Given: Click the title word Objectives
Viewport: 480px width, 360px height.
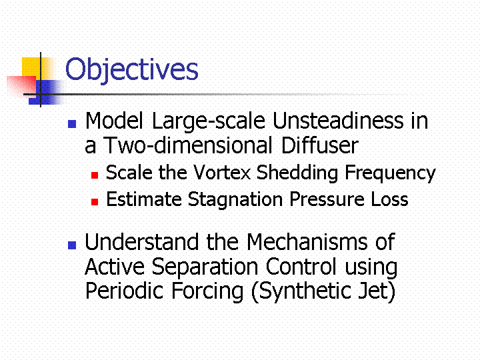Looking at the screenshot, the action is pos(131,70).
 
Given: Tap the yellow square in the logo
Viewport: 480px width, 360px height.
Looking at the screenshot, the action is pos(35,69).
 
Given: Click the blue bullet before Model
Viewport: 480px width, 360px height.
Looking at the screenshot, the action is pos(72,124).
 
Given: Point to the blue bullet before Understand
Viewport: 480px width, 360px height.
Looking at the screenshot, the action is pos(72,245).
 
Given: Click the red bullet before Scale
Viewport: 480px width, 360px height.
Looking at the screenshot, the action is pos(95,175).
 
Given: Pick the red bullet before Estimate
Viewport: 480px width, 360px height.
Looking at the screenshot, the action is pos(95,202).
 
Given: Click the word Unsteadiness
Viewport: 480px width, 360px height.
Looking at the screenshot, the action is pos(337,120).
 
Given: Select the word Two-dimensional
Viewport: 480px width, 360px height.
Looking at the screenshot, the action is pos(188,145).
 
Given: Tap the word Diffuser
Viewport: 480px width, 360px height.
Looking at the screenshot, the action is pos(319,145).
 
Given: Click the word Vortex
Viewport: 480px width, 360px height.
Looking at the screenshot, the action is pos(222,173).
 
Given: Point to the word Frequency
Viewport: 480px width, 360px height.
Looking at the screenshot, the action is pos(390,173).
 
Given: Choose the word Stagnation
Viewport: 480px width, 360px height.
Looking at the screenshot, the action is pos(235,200).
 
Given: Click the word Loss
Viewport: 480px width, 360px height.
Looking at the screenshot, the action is pos(389,199).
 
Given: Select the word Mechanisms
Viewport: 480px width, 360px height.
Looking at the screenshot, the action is pos(307,242).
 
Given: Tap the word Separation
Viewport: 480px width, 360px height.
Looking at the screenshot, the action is pos(205,267).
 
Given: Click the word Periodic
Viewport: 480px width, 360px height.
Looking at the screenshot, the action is pos(124,291).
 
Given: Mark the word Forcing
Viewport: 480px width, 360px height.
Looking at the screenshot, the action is pos(207,291).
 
